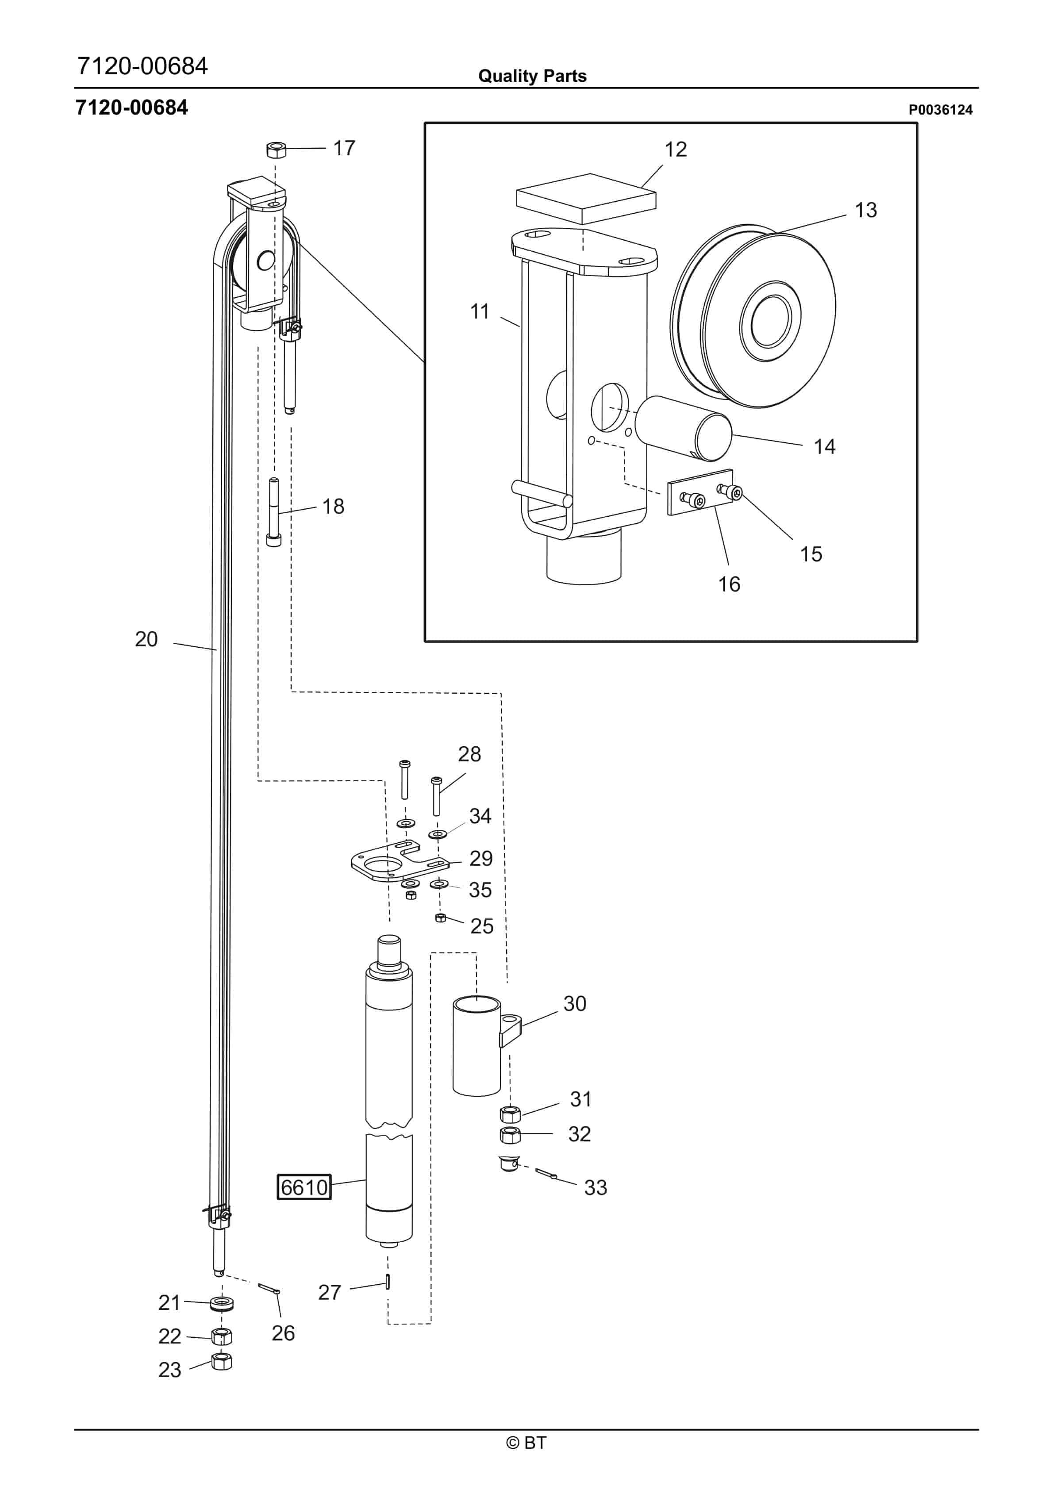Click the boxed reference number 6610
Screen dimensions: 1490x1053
[x=304, y=1187]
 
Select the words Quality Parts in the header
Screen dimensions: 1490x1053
[x=532, y=76]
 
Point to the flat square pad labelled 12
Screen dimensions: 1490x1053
[x=586, y=198]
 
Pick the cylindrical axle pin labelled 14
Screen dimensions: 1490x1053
[x=684, y=428]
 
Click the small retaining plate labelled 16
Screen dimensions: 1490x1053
[x=700, y=493]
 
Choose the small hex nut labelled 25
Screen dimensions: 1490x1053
[x=440, y=917]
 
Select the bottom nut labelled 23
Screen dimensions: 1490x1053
[x=222, y=1362]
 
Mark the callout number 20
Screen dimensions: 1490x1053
[x=146, y=639]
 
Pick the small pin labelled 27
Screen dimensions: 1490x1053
[x=388, y=1282]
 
